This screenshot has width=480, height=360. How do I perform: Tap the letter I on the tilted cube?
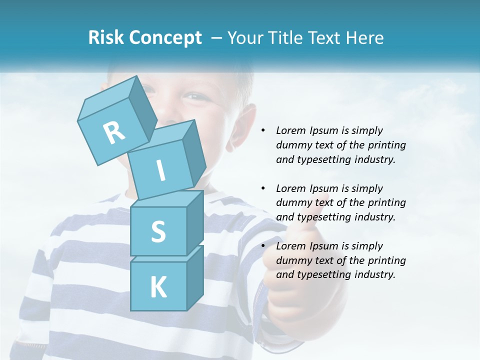(160, 170)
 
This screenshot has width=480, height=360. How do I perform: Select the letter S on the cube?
(158, 231)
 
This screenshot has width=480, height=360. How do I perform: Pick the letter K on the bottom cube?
(158, 287)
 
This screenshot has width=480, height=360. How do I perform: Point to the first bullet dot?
(263, 131)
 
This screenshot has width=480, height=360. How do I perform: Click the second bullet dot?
(263, 188)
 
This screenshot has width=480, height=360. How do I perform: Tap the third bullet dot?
(263, 246)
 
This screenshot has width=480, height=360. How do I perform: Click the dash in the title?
(217, 38)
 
